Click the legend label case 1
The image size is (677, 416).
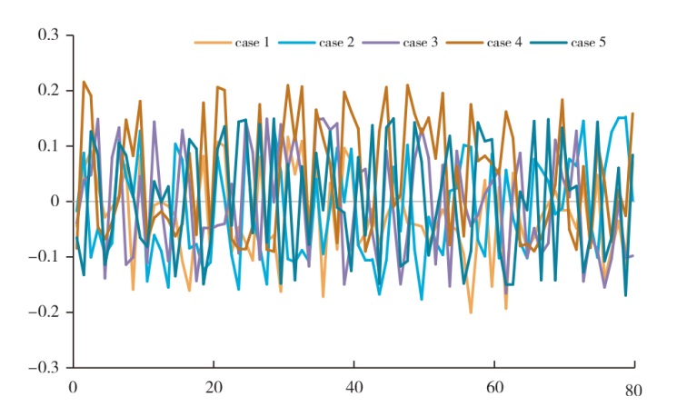[x=254, y=43]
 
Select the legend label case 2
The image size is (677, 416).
[x=337, y=43]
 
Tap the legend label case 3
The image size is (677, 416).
[x=421, y=43]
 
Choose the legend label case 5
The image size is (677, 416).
[x=588, y=43]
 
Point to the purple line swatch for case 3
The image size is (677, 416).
[x=380, y=43]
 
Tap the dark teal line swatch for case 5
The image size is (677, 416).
[x=548, y=43]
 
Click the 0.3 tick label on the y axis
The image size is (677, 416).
[x=47, y=35]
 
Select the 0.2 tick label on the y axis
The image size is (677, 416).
[x=47, y=91]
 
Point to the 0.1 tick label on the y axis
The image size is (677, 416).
[x=47, y=146]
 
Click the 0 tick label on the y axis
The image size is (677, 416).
[x=55, y=202]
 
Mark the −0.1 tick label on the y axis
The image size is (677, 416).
[x=43, y=257]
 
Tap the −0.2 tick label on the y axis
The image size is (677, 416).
[x=43, y=312]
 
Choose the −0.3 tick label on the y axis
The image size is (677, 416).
[x=43, y=368]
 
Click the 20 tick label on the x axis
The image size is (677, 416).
[x=214, y=386]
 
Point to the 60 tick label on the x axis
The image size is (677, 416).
[x=493, y=386]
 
